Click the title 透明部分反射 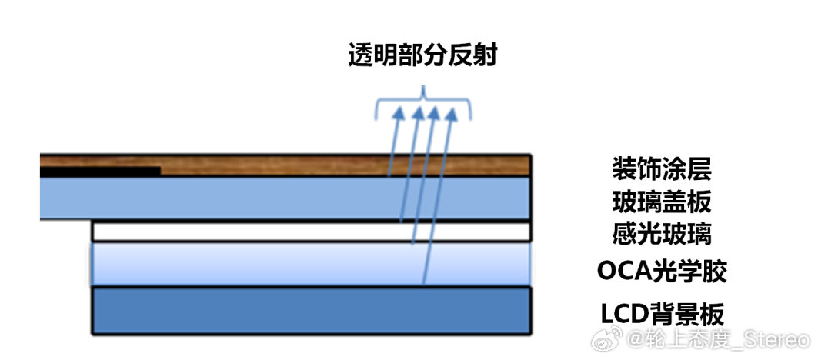(x=422, y=55)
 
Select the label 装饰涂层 (x=662, y=168)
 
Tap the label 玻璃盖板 (x=662, y=202)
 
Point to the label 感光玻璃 (x=662, y=234)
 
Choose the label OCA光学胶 (x=662, y=272)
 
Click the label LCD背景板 (x=663, y=314)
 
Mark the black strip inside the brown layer (x=100, y=171)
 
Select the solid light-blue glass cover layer (x=285, y=198)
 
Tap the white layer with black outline (x=312, y=231)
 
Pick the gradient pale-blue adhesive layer (x=312, y=264)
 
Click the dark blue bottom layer (x=312, y=311)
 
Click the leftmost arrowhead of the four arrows (x=399, y=113)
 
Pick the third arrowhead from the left (x=434, y=114)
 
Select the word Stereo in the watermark (x=771, y=340)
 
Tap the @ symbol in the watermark (x=636, y=340)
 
